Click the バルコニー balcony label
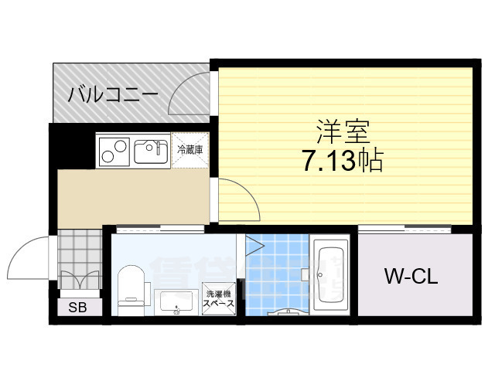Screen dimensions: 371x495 coord(113,96)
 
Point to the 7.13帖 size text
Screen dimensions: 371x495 coord(340,162)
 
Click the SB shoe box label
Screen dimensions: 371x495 coord(77,308)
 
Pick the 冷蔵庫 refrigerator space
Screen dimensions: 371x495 coord(190,150)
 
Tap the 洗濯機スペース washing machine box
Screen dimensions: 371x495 coord(219,300)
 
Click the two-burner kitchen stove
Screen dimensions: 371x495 coord(114,150)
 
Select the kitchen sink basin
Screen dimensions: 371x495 coord(152,150)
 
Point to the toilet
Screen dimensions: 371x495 coord(131,289)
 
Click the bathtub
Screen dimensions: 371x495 coord(332,273)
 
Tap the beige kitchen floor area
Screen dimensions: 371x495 coord(131,197)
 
